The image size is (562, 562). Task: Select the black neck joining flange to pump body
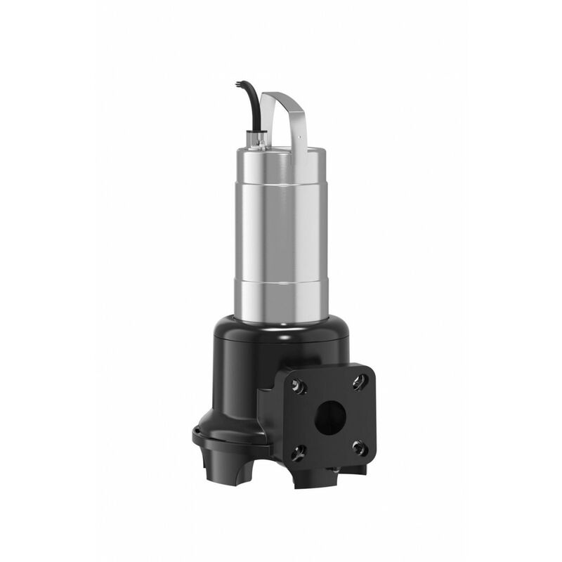click(270, 400)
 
